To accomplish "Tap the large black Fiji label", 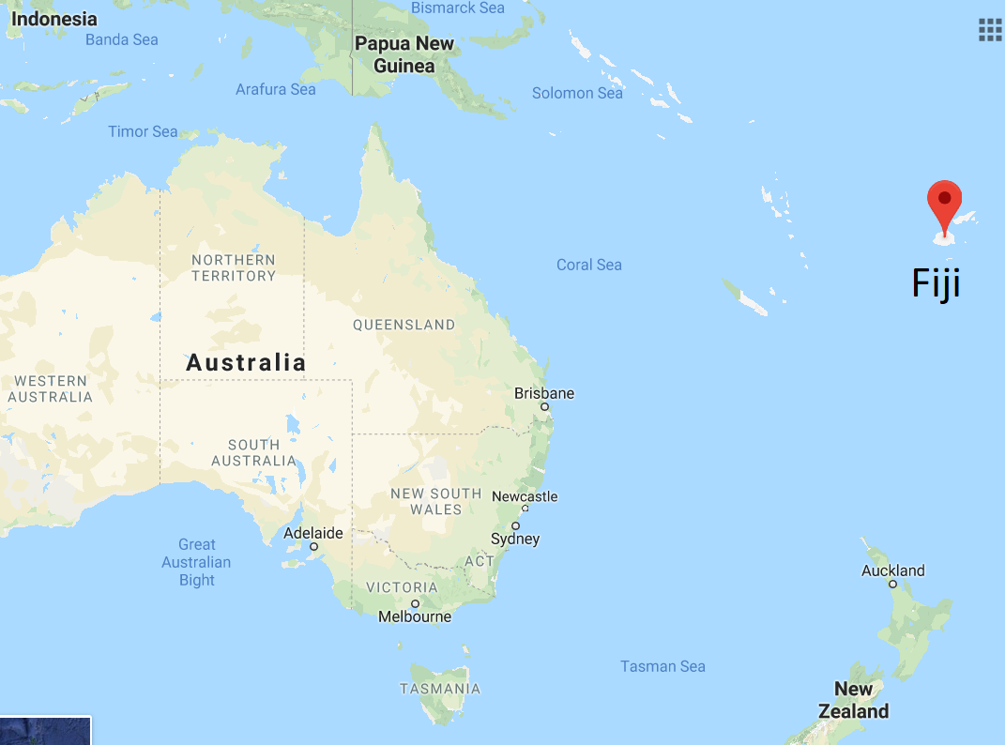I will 936,283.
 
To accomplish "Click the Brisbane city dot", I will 544,407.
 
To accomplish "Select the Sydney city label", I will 515,539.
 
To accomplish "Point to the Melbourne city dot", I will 415,603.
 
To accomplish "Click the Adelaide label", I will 312,533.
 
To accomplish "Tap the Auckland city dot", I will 893,584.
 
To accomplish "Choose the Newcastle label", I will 525,496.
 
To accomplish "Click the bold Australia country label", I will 246,362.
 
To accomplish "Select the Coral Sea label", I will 588,265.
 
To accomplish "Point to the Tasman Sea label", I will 662,666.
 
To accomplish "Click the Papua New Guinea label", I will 404,54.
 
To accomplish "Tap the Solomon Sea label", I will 577,93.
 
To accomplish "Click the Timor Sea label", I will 143,131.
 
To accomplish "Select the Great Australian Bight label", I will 196,562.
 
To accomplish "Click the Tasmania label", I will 440,689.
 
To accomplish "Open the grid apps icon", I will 990,29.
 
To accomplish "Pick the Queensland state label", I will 404,325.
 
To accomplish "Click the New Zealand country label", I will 853,700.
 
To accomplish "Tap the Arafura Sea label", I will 275,89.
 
